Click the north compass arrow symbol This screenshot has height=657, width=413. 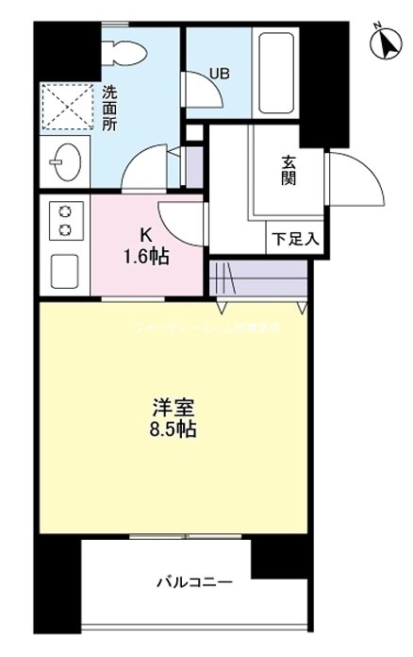coord(385,42)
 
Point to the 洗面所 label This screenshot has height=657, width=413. coord(110,109)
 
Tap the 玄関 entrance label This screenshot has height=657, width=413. coord(288,170)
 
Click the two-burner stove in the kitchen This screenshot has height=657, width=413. coord(65,221)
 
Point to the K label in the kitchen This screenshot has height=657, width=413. coord(145,235)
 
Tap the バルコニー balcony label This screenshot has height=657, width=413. coord(194,582)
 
